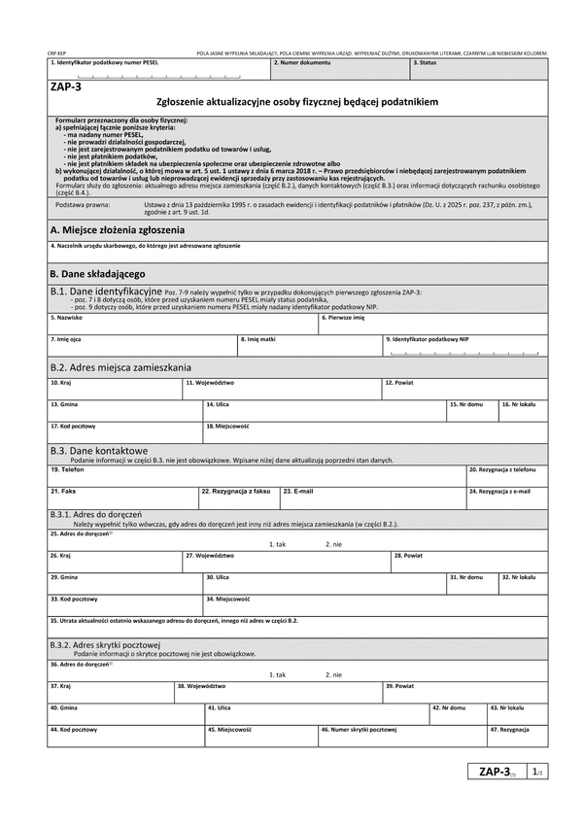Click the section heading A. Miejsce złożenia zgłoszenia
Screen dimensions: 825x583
pyautogui.click(x=117, y=230)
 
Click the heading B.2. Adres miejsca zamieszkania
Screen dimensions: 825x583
pyautogui.click(x=120, y=368)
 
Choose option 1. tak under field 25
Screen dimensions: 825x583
pyautogui.click(x=277, y=544)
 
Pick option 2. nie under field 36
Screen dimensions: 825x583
pyautogui.click(x=333, y=674)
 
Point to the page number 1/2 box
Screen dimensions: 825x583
pyautogui.click(x=535, y=772)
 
